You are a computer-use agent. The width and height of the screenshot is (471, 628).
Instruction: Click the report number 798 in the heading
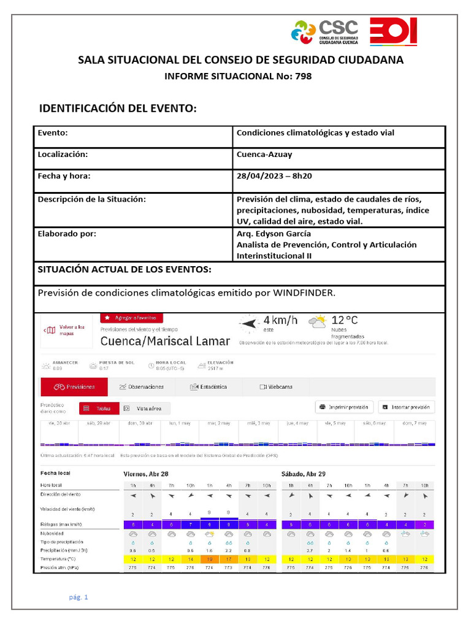pyautogui.click(x=303, y=76)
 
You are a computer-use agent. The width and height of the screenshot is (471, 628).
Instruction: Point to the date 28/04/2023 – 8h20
pyautogui.click(x=274, y=176)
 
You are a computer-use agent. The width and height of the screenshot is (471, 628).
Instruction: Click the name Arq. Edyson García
pyautogui.click(x=274, y=234)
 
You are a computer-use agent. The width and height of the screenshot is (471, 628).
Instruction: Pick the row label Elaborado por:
pyautogui.click(x=67, y=234)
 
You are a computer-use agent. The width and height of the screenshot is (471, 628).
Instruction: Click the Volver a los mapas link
pyautogui.click(x=67, y=330)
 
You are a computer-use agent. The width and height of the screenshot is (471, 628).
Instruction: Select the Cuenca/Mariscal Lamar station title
pyautogui.click(x=165, y=341)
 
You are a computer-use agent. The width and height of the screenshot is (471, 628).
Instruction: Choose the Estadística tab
pyautogui.click(x=209, y=387)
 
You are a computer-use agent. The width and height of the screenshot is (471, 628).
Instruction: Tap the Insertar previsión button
pyautogui.click(x=407, y=407)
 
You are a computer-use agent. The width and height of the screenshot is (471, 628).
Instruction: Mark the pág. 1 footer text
pyautogui.click(x=78, y=597)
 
